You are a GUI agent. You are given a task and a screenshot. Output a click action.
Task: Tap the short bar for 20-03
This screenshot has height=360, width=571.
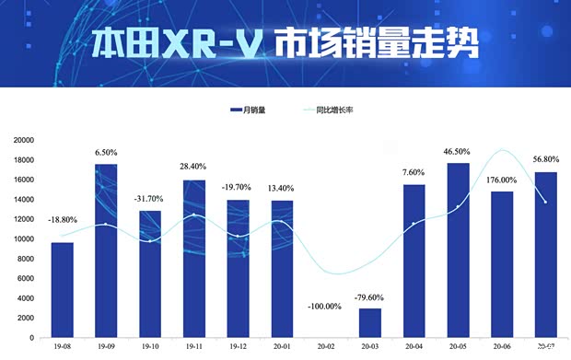click(370, 322)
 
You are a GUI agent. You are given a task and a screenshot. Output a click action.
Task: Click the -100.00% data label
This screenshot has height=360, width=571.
click(326, 306)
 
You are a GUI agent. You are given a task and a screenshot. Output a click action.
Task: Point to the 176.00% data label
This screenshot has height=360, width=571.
click(502, 181)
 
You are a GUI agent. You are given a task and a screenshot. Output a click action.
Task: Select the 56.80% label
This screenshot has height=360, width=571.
click(546, 158)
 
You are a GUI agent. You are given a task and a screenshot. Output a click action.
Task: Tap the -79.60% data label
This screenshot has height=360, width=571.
click(370, 297)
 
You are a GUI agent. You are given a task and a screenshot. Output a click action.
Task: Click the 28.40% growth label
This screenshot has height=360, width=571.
click(193, 167)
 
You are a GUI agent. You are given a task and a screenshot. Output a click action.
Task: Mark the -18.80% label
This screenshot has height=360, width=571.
click(62, 220)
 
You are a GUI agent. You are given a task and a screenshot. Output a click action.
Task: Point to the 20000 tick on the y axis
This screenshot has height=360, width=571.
click(22, 140)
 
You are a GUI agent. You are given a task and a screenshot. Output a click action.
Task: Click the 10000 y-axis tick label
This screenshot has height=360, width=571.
click(22, 239)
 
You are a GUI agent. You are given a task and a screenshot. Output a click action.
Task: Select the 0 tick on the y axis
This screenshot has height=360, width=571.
click(31, 338)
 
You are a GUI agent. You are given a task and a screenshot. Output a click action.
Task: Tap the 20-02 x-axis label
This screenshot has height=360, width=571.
click(326, 348)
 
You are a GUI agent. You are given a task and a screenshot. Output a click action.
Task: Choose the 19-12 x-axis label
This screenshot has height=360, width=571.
click(238, 348)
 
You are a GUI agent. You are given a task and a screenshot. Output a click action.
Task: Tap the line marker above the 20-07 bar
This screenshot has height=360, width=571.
click(546, 202)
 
